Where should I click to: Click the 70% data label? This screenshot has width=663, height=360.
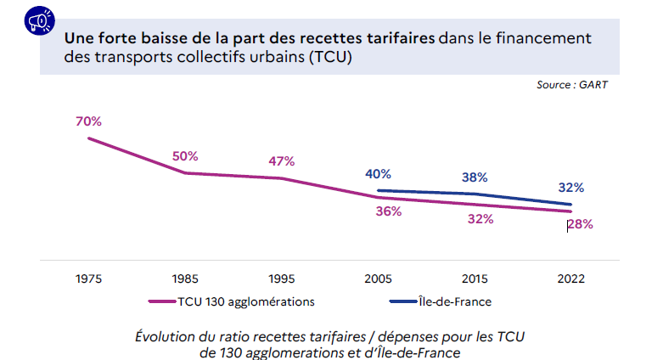(88, 121)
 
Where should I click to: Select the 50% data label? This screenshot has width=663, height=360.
(184, 156)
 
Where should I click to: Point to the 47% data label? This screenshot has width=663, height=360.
(281, 161)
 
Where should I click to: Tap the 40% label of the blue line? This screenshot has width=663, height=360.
(378, 174)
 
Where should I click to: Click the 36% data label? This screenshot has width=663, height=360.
(388, 211)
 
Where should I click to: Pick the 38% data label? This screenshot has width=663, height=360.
(475, 177)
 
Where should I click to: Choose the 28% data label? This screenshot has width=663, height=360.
(580, 225)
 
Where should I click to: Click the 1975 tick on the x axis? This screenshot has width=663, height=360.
(88, 278)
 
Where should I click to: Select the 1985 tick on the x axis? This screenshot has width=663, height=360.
(185, 278)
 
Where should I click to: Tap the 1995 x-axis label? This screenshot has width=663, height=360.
(281, 278)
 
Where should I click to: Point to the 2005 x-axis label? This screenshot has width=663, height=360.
(378, 278)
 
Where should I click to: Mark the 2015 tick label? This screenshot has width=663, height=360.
(475, 278)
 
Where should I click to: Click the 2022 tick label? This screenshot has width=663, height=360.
(570, 278)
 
